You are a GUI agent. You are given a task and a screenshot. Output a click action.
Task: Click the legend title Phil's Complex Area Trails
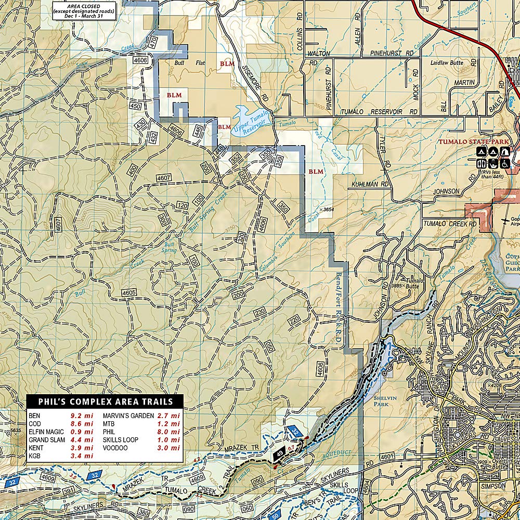(105, 401)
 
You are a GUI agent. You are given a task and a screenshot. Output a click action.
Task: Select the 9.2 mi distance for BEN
(82, 416)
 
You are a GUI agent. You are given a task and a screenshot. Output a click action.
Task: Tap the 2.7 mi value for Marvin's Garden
(169, 416)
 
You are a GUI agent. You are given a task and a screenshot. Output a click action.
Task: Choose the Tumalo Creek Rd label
(450, 224)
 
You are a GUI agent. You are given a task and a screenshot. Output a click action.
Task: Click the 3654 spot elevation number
(328, 209)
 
